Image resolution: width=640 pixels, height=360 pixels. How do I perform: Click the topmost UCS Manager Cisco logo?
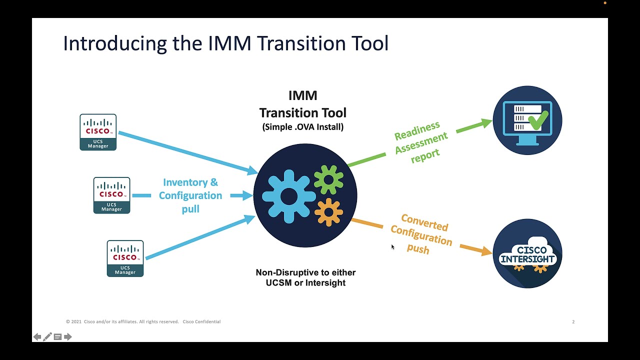click(x=98, y=132)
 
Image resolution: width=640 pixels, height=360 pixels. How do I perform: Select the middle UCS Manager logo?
click(x=111, y=195)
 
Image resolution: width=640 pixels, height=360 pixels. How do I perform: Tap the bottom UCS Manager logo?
click(x=125, y=258)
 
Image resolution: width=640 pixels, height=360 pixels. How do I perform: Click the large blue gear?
click(x=288, y=196)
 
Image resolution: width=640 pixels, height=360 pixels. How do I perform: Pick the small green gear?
click(x=328, y=179)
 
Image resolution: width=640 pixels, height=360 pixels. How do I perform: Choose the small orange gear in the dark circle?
click(x=328, y=212)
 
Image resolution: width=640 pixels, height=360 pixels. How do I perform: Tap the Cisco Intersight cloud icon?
click(x=527, y=253)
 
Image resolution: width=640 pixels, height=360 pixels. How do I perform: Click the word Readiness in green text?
click(x=417, y=131)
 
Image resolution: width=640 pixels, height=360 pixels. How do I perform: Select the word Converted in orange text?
click(x=424, y=223)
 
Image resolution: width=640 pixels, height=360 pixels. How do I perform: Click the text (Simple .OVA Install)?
click(x=302, y=127)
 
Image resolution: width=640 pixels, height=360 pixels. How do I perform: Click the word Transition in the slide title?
click(x=297, y=43)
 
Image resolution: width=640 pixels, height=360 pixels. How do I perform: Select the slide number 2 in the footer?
click(x=573, y=322)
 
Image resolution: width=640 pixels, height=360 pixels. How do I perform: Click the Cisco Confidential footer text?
click(x=201, y=322)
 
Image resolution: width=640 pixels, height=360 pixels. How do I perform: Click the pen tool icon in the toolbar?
click(x=47, y=337)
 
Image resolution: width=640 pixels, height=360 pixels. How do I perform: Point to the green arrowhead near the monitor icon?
click(x=485, y=122)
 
